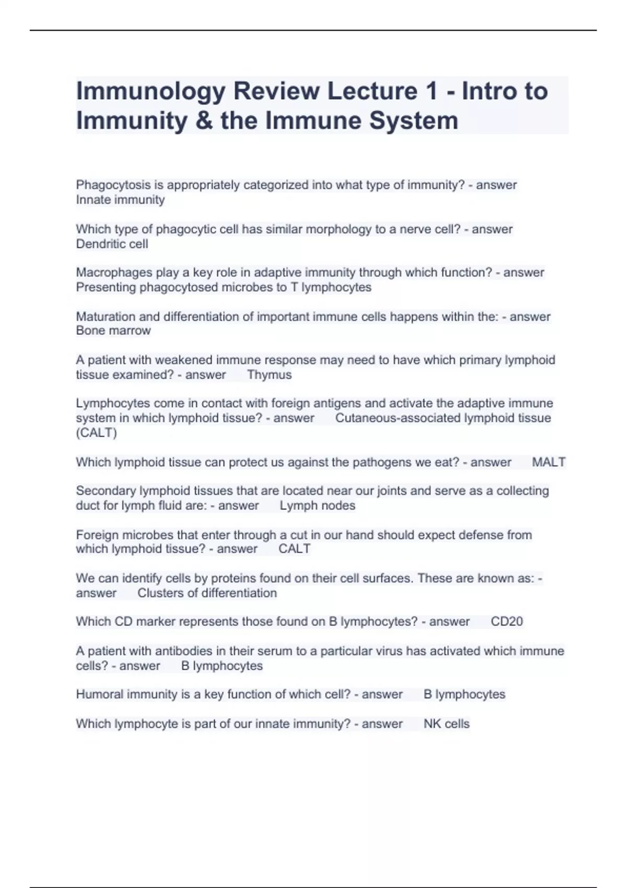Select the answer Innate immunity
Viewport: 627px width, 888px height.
(120, 200)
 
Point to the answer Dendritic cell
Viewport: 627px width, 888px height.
(112, 244)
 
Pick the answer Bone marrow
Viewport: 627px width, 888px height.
(113, 331)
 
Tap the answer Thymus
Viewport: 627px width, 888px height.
(269, 375)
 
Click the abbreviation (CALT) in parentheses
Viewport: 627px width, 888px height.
(97, 433)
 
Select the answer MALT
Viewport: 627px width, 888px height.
(548, 462)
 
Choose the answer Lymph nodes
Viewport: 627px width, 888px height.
(317, 506)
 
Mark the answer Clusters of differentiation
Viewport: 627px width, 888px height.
(207, 593)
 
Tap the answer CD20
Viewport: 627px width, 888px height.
(507, 622)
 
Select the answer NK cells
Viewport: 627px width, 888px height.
(446, 724)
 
